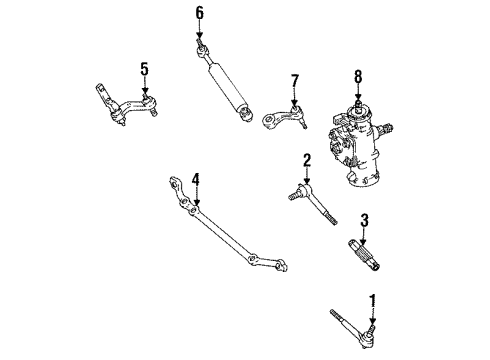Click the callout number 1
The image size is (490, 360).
373,298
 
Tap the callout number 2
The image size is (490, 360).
308,159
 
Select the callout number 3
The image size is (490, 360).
366,220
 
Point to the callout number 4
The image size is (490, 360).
196,180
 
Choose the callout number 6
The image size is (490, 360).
198,13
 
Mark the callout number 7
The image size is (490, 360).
295,79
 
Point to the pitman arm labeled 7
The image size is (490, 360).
283,120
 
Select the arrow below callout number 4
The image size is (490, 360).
196,197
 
